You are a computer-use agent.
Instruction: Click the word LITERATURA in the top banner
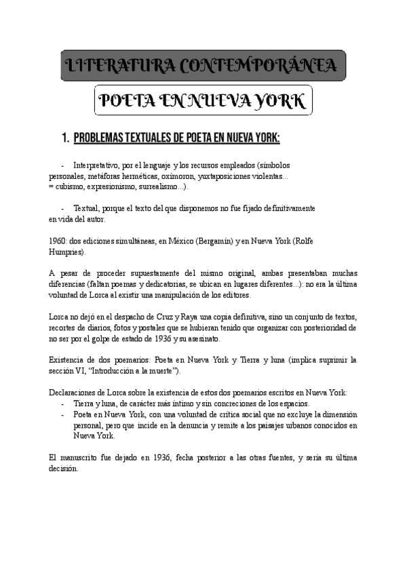click(115, 66)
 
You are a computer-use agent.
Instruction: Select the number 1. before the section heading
click(65, 138)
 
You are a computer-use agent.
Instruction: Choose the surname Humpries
click(67, 251)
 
